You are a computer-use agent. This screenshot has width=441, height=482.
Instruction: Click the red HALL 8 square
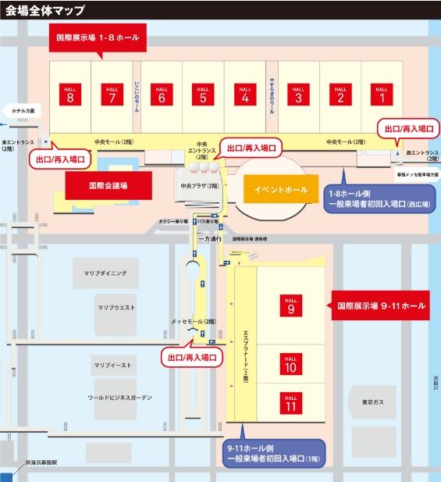point(70,95)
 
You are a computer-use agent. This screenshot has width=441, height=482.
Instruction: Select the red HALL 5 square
point(203,95)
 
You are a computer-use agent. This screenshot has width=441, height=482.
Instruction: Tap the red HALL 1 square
point(383,95)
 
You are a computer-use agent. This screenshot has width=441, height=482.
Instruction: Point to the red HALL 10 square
point(290,364)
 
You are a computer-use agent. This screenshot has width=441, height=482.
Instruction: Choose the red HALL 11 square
point(290,403)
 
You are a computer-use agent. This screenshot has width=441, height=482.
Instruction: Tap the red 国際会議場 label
point(108,187)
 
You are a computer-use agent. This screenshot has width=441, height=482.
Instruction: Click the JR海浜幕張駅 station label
point(47,462)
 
